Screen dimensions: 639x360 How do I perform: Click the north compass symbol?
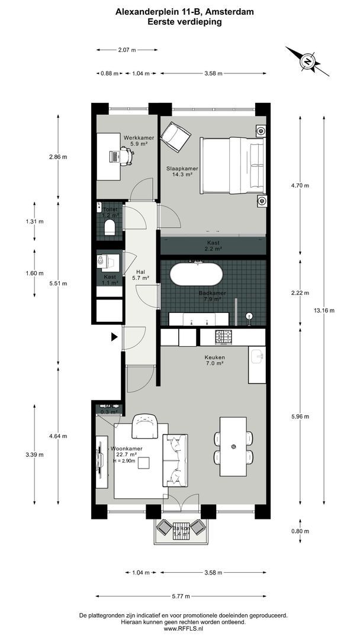(x=308, y=61)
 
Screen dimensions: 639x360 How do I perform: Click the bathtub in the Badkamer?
(x=197, y=276)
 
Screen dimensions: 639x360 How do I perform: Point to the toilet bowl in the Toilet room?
(x=108, y=229)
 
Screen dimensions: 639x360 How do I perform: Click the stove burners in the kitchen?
(x=224, y=337)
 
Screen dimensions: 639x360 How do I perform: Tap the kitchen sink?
(x=256, y=356)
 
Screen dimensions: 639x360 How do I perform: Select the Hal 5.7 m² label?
(x=140, y=275)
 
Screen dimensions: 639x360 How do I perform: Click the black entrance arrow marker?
(x=114, y=337)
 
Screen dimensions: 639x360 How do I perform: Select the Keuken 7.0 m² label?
(x=214, y=360)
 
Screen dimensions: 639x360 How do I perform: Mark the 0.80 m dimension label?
(x=301, y=531)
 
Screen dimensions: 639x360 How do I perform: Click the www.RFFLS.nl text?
(x=184, y=630)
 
